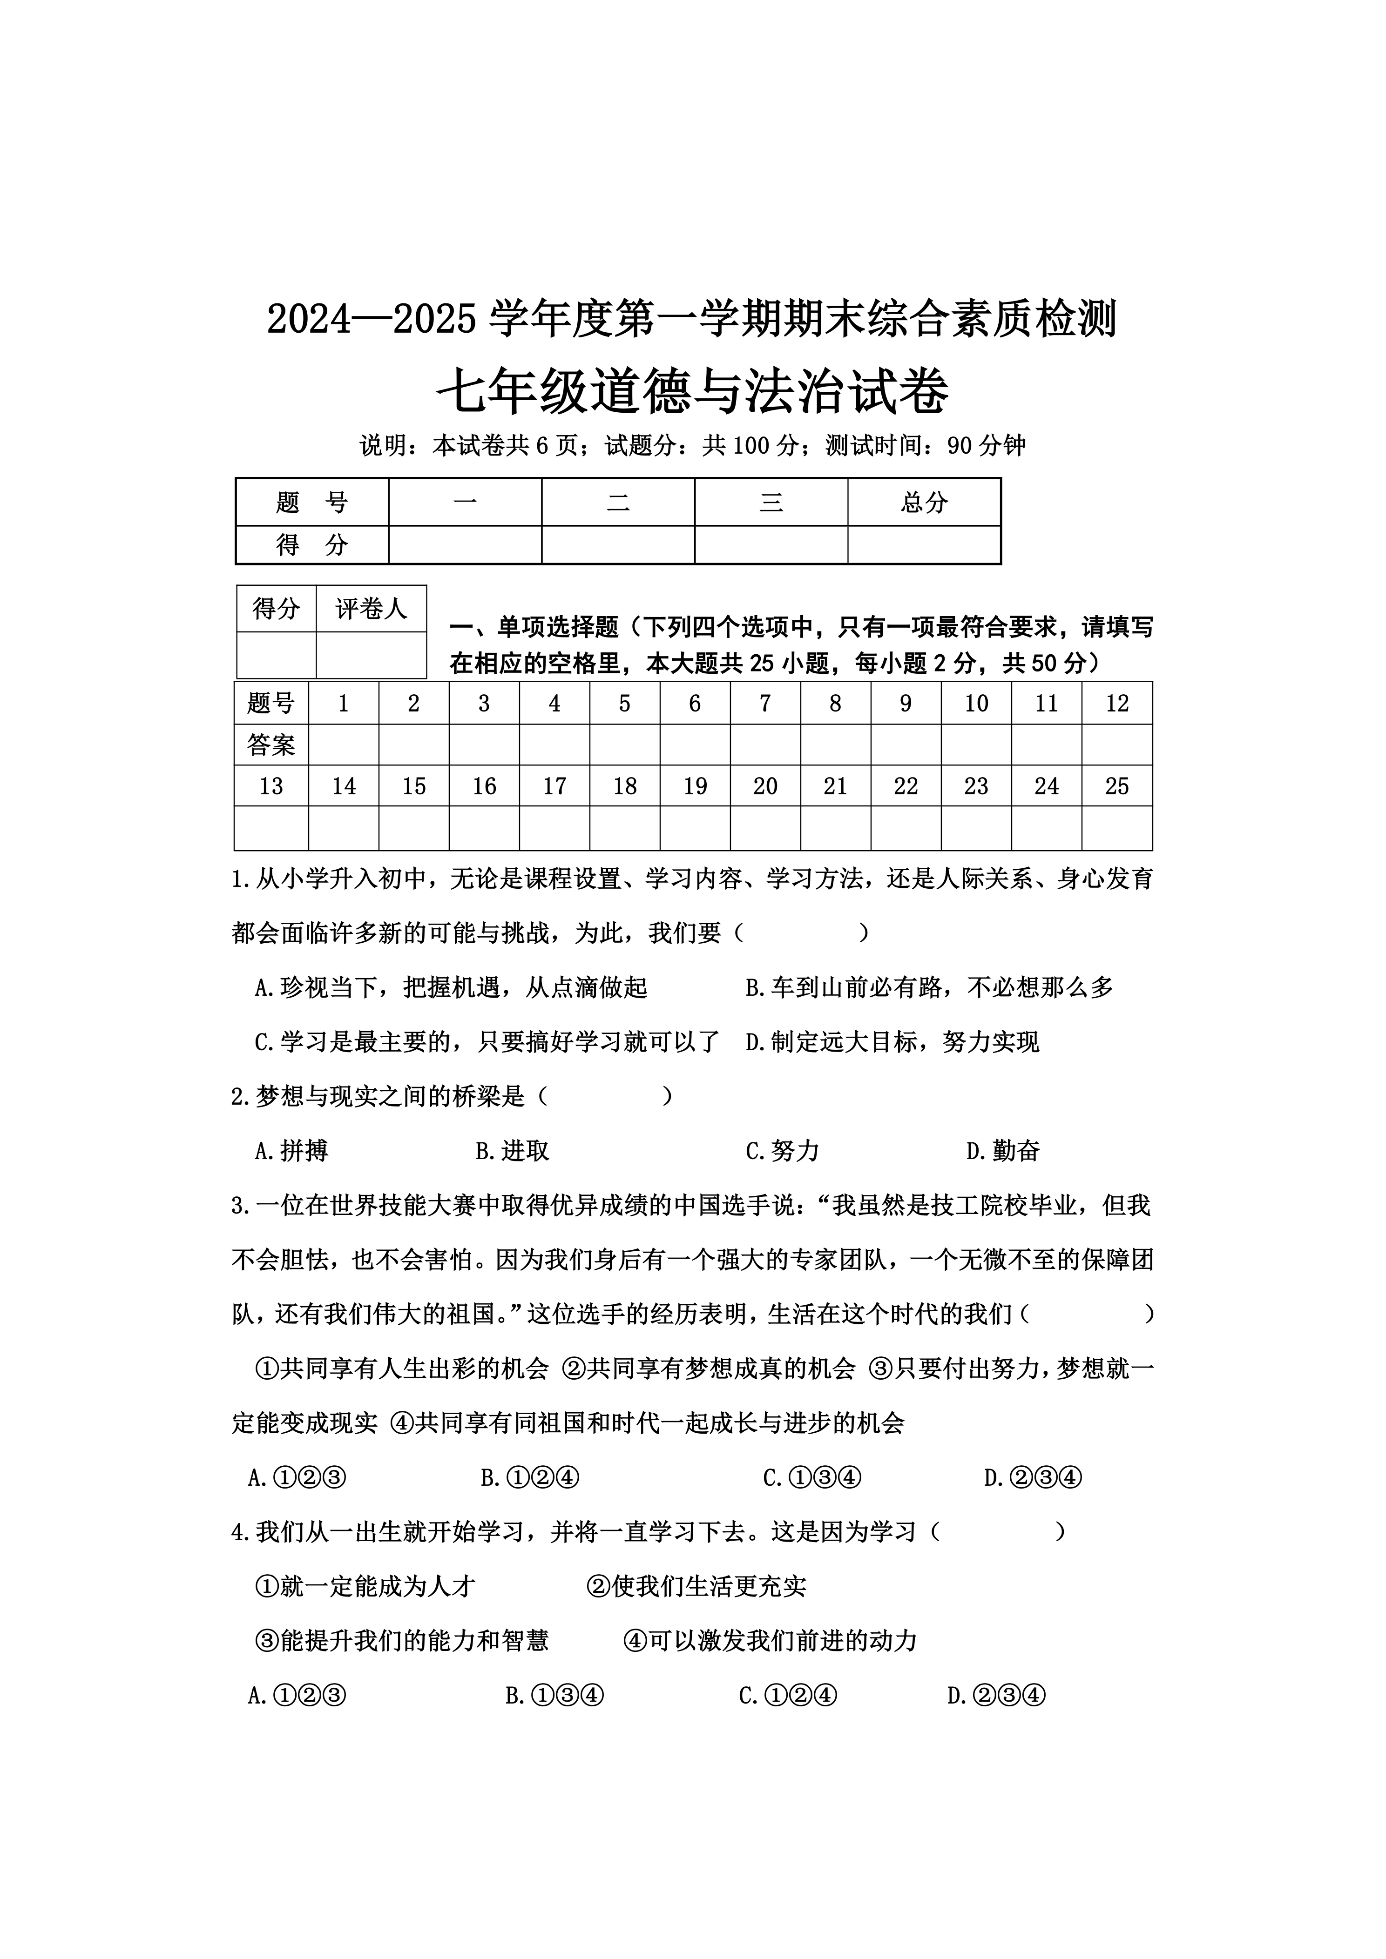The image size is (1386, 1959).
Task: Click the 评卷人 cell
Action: click(x=371, y=608)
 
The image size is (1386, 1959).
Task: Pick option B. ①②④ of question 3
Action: click(x=530, y=1478)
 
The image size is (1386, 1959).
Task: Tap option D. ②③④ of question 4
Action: click(x=996, y=1695)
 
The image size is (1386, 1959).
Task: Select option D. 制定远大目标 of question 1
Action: click(x=892, y=1042)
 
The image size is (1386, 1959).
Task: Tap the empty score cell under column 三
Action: click(x=771, y=544)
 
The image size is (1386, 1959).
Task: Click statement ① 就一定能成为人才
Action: click(x=365, y=1586)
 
